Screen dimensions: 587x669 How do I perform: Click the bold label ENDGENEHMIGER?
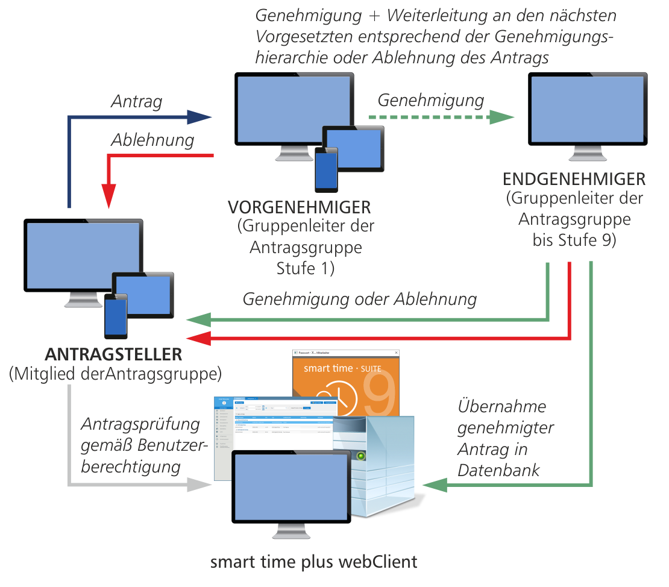click(574, 180)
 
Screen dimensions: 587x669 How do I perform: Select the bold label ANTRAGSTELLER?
click(113, 353)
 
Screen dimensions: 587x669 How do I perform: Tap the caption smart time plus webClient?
click(313, 562)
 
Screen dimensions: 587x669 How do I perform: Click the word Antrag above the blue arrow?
click(136, 102)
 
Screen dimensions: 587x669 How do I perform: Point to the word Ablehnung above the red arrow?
click(152, 140)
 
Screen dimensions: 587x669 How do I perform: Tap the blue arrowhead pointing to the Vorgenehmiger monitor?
click(200, 117)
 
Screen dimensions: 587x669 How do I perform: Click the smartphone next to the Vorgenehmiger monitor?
click(326, 169)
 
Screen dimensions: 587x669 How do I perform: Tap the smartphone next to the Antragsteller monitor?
click(116, 316)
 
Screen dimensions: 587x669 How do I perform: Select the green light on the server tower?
click(361, 456)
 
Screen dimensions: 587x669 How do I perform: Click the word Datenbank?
click(498, 470)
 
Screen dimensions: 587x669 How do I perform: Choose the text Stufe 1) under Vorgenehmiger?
click(305, 268)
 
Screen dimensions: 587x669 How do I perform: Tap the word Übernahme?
click(493, 407)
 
